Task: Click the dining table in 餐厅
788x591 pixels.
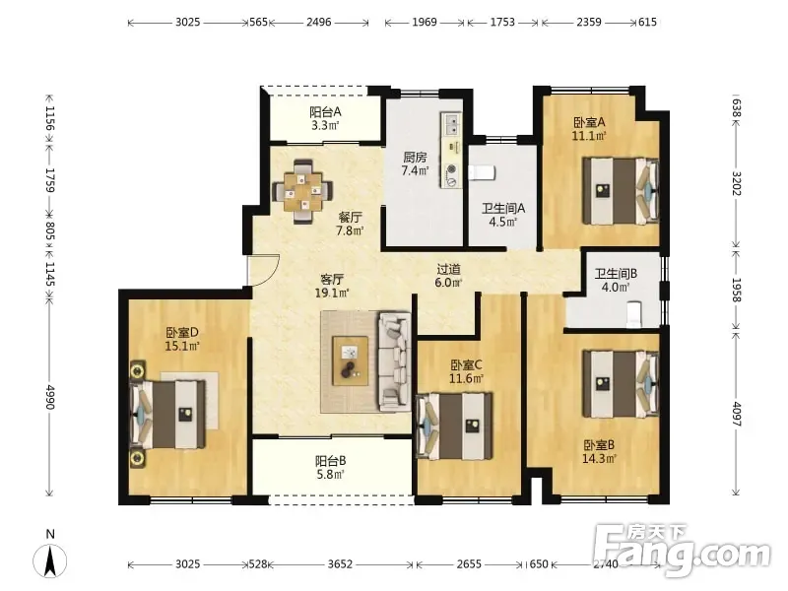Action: click(x=302, y=191)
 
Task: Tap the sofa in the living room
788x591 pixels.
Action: click(x=394, y=361)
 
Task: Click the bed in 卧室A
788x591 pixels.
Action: click(x=621, y=191)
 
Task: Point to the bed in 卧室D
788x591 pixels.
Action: click(x=168, y=414)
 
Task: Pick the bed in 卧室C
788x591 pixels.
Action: click(x=455, y=427)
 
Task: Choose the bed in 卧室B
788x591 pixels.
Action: click(x=621, y=384)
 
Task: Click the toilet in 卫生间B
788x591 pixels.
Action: click(x=634, y=314)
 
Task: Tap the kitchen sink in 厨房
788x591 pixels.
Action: click(x=451, y=125)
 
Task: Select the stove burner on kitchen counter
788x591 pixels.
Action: click(x=452, y=168)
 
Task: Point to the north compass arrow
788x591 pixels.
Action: click(x=50, y=560)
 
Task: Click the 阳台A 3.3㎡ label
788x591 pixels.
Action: click(x=325, y=118)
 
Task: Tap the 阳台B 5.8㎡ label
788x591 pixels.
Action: click(x=330, y=467)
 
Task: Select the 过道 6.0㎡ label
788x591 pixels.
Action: click(x=448, y=276)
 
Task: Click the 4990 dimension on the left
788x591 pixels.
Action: click(x=50, y=397)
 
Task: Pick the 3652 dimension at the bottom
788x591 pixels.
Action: click(x=340, y=564)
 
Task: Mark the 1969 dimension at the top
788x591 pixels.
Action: click(x=425, y=22)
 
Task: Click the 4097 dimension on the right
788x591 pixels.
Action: click(x=737, y=414)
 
